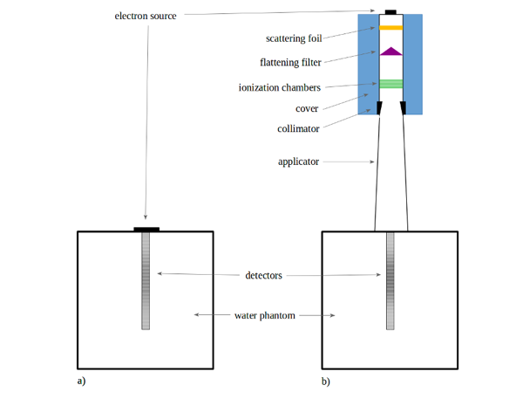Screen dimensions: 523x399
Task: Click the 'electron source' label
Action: [x=146, y=16]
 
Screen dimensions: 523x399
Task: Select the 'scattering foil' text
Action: [x=294, y=38]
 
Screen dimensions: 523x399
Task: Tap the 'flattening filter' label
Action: [x=290, y=63]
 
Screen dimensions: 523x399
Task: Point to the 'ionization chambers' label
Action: [x=280, y=87]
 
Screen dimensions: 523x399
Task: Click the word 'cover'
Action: [x=307, y=108]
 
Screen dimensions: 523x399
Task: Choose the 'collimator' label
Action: [x=298, y=128]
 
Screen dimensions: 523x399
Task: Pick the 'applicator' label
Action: [x=298, y=162]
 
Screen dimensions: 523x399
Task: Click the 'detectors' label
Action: [x=263, y=275]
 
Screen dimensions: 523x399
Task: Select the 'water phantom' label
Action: [x=265, y=315]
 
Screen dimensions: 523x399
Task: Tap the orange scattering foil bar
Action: [x=391, y=28]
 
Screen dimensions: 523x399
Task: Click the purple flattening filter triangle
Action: [x=391, y=52]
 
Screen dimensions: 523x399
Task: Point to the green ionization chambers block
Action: [x=391, y=84]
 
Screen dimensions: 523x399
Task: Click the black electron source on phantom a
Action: [x=146, y=230]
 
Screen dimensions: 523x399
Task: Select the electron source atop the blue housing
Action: [x=391, y=12]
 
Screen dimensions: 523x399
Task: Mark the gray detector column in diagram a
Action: [x=146, y=281]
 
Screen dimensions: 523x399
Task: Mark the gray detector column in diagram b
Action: [x=391, y=281]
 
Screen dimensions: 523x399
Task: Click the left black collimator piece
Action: [x=379, y=107]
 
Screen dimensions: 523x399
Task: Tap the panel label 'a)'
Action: [x=81, y=381]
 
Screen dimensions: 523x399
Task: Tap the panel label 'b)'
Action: [x=326, y=382]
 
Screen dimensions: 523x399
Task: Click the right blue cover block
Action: [x=413, y=64]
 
